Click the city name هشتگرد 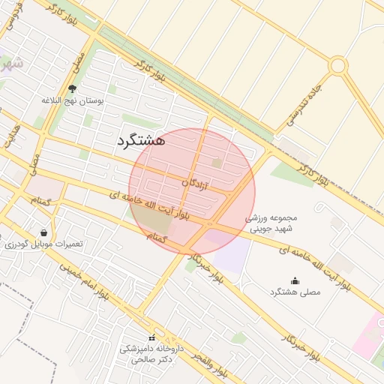(141, 139)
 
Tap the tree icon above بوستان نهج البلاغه (72, 88)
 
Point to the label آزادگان (196, 182)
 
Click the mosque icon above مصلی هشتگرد (294, 281)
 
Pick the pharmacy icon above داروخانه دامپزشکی (152, 337)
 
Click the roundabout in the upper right (337, 65)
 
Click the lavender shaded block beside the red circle (228, 250)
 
